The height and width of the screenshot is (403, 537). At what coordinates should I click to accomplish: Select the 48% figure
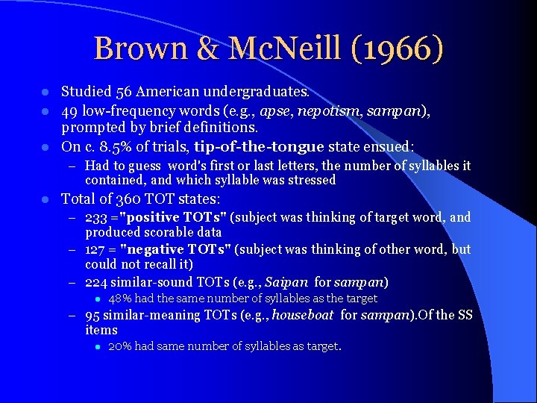tap(121, 299)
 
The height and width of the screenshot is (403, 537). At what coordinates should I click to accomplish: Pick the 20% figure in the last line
tap(121, 346)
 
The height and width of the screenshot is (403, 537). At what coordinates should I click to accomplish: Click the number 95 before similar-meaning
tap(92, 315)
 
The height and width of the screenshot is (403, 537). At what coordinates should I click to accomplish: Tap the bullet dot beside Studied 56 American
tap(45, 93)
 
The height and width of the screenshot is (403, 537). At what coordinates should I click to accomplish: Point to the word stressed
tap(310, 180)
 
